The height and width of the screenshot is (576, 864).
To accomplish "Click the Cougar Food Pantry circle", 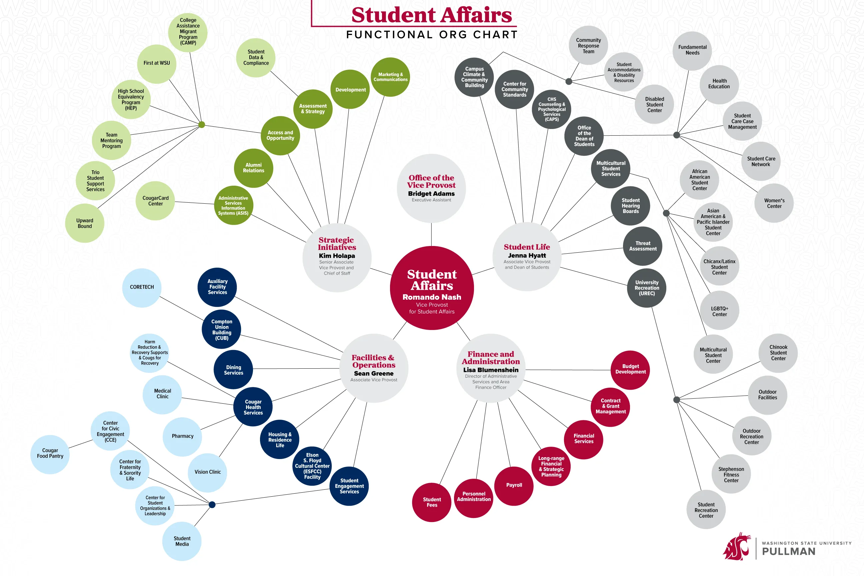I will click(50, 453).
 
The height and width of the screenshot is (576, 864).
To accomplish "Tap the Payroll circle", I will click(514, 485).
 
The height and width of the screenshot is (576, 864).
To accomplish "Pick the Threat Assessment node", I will click(643, 246).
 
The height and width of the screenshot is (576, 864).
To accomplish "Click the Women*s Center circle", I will click(774, 203).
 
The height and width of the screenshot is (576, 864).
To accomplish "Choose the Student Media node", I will click(182, 541).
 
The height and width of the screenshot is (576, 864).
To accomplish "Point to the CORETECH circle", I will click(142, 287).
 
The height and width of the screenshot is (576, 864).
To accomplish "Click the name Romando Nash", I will click(432, 297).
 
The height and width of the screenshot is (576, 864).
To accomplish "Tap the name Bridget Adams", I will click(431, 194).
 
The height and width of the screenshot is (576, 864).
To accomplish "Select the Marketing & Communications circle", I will click(390, 77).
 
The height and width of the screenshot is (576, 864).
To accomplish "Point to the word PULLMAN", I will click(789, 552).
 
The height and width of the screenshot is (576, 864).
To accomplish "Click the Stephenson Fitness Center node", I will click(731, 475).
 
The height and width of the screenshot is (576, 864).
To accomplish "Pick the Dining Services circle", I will click(234, 370).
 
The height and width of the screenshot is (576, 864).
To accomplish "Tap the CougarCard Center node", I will click(155, 201).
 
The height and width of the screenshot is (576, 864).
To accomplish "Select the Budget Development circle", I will click(630, 369).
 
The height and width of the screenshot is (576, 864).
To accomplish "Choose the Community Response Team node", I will click(588, 46).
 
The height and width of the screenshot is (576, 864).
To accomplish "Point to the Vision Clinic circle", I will click(208, 472).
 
